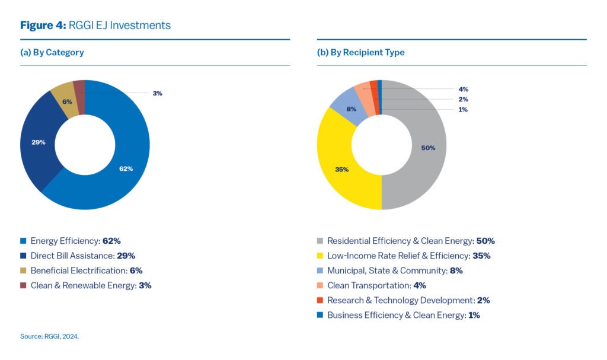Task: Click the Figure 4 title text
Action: coord(95,25)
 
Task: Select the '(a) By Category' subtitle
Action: coord(52,52)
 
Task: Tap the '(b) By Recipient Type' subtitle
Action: coord(360,52)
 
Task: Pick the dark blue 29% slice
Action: coord(39,142)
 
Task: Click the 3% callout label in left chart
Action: coord(157,93)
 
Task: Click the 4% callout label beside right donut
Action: coord(463,89)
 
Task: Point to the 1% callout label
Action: coord(463,109)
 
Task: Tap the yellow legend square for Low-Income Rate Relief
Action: coord(320,256)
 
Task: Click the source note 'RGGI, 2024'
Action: coord(49,336)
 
